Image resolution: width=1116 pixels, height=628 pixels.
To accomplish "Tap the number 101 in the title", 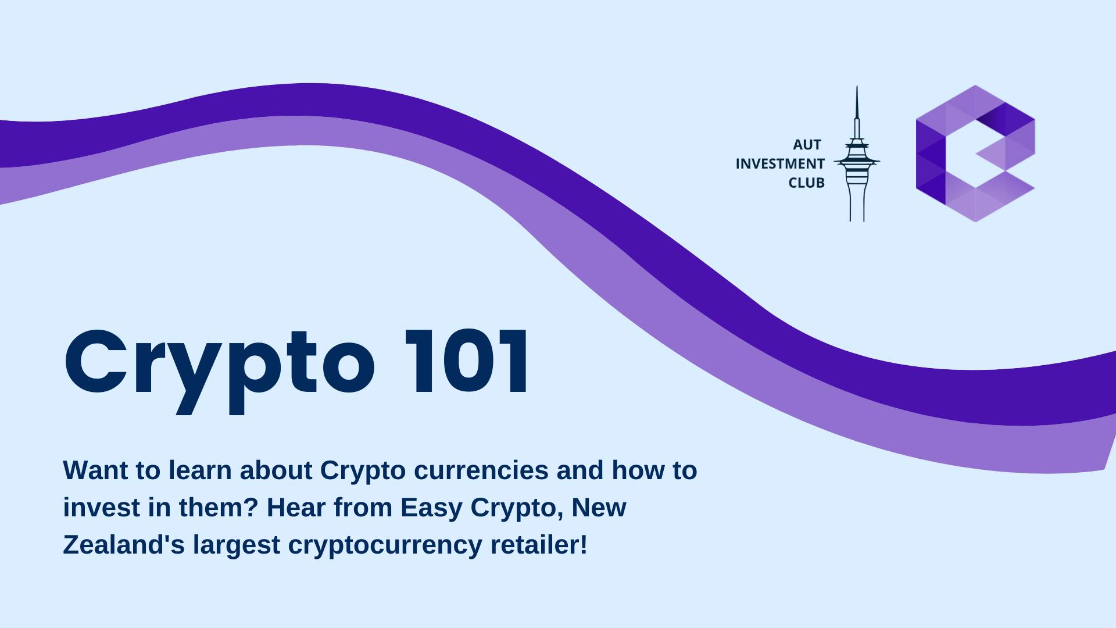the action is [466, 362].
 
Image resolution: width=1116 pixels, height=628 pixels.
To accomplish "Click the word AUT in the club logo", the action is [807, 145].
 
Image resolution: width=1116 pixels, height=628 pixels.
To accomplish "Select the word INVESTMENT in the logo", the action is [780, 164].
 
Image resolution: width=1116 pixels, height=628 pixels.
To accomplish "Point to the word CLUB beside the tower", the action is [806, 183].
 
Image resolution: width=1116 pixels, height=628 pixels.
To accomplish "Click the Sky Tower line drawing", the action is [857, 154].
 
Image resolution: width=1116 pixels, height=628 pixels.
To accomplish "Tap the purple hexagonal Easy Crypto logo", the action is [975, 154].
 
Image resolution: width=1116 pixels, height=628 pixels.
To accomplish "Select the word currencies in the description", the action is [481, 470].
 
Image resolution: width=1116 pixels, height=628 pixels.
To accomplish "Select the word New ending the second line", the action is [599, 508].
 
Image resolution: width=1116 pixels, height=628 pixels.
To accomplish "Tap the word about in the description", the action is [276, 470].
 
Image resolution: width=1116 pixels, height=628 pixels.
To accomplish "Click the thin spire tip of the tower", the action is [857, 87].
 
